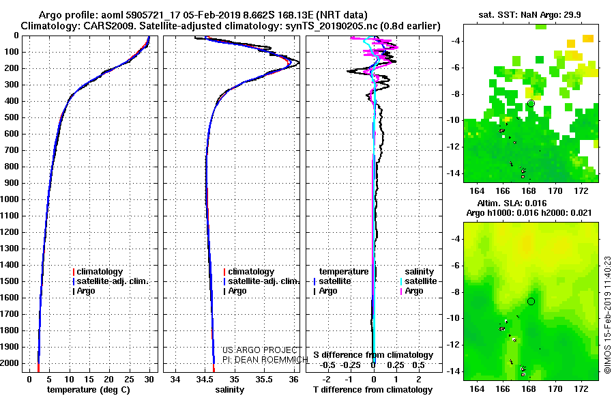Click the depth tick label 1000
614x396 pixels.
10,199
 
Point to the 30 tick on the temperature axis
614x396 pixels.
149,380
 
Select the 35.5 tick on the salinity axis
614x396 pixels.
264,380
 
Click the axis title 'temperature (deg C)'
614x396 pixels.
89,390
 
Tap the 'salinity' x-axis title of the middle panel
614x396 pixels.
229,390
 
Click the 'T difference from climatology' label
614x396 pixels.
372,390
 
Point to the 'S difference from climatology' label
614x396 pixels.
373,355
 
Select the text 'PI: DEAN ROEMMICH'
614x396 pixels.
265,360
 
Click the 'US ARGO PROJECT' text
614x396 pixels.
260,350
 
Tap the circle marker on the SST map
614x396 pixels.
531,104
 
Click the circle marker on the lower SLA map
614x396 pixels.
531,302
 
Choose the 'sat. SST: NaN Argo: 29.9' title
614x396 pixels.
530,15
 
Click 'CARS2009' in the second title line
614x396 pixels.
117,26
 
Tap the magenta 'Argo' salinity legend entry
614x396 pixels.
412,291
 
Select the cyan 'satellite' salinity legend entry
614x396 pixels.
419,281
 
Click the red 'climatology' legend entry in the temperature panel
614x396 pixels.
98,272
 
